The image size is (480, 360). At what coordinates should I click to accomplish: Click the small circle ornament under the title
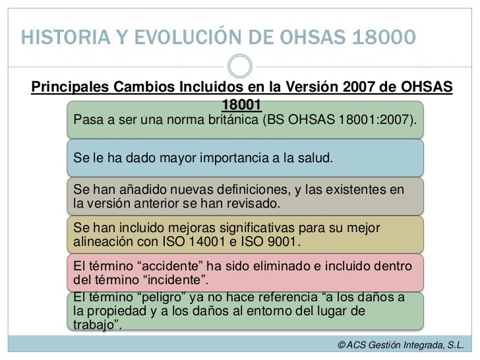point(239,65)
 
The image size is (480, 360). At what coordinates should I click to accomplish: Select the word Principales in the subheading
point(71,88)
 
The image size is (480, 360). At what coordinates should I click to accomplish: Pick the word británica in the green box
point(229,121)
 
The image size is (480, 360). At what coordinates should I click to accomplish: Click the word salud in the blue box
point(313,159)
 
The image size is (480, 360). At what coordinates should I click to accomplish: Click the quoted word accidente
point(153,266)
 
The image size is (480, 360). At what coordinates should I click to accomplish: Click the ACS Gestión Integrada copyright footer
point(400,345)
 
